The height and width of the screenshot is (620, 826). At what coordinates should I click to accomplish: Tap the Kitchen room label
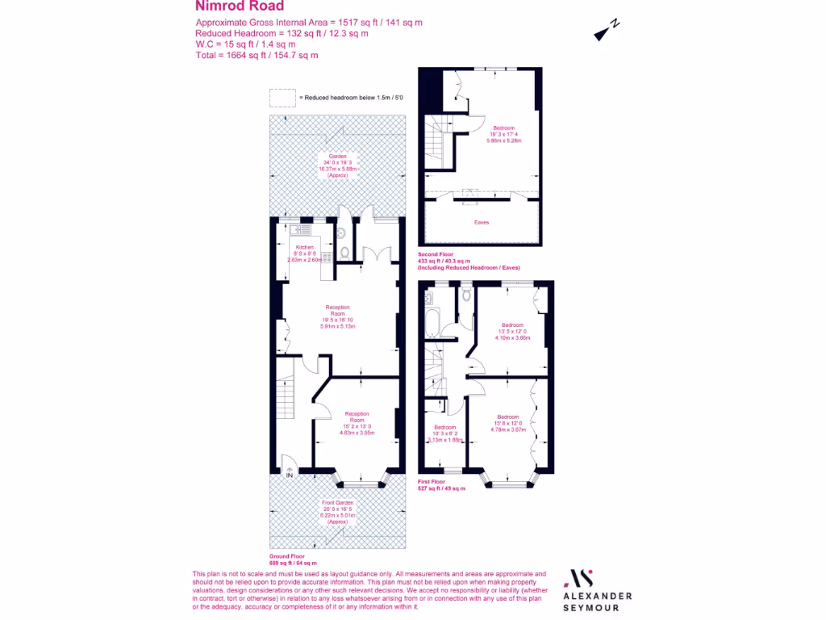[x=304, y=247]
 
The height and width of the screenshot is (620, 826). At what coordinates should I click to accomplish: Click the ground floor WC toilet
[x=344, y=253]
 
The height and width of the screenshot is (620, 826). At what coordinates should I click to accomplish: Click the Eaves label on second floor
[x=482, y=222]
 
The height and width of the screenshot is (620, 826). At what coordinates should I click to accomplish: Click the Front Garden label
[x=337, y=502]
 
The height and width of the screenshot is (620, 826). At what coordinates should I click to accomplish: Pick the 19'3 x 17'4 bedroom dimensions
[x=505, y=134]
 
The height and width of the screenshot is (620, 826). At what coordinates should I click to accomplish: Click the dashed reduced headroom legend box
[x=282, y=97]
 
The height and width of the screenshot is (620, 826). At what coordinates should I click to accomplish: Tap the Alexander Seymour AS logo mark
[x=581, y=578]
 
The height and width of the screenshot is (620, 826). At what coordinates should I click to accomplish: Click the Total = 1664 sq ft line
[x=257, y=56]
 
